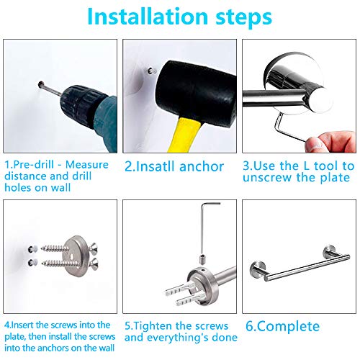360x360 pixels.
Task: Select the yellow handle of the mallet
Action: [x=189, y=136]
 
